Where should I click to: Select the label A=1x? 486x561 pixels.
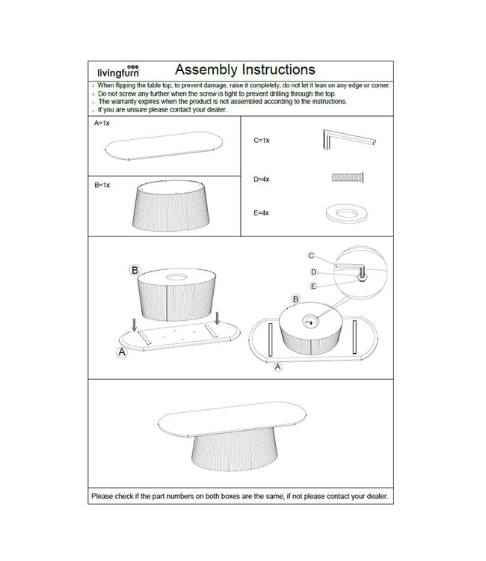[x=102, y=123]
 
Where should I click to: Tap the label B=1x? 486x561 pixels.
[x=102, y=184]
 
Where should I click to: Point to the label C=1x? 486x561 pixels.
[x=262, y=140]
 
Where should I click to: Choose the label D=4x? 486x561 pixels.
[x=262, y=180]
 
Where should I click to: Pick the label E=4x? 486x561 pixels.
[x=262, y=213]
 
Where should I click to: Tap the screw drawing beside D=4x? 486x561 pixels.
[x=348, y=178]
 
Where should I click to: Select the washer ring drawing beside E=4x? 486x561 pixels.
[x=348, y=213]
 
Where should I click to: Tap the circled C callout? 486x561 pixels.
[x=312, y=256]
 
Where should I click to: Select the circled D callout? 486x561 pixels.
[x=314, y=272]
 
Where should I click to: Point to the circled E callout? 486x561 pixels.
[x=313, y=286]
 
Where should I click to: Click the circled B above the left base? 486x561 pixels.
[x=135, y=269]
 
